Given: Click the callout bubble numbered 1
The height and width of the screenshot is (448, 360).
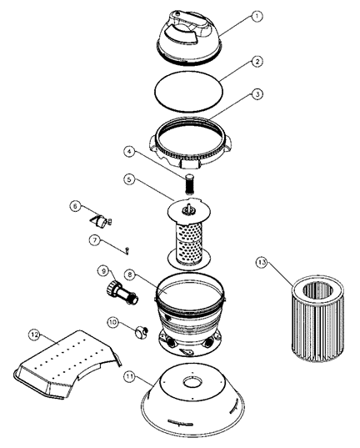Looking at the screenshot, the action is [x=257, y=17].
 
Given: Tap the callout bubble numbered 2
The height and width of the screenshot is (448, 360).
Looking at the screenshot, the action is [x=257, y=61].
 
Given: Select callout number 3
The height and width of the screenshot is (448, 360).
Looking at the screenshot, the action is [x=257, y=94].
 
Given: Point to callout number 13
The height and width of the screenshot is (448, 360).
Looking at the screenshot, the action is [x=262, y=262].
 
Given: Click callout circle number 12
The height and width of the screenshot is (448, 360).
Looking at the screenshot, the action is [x=34, y=335].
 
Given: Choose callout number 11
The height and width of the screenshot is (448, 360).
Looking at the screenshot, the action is [x=130, y=376].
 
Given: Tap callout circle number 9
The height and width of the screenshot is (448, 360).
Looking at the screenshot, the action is [x=103, y=270].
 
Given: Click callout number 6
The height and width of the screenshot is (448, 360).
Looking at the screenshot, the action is [x=75, y=206].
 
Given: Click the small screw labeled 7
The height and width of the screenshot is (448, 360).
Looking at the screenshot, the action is [x=127, y=251].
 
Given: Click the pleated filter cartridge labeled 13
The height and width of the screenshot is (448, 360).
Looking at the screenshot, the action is [x=317, y=319].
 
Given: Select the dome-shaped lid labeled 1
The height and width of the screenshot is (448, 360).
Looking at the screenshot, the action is [x=189, y=36].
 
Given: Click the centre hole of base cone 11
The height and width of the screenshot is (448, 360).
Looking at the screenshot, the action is [x=192, y=382].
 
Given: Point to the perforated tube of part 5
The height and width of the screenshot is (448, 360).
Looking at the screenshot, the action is [x=188, y=244].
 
